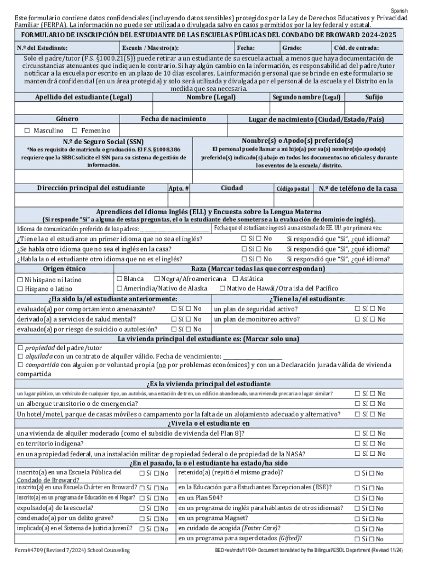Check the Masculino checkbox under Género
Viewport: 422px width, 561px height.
27,130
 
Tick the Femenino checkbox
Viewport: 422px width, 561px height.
75,130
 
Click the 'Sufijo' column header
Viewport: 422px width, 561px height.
377,97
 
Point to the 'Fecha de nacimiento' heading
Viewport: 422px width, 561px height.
173,119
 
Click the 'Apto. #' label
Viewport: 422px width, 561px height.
179,188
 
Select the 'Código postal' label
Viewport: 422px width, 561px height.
293,188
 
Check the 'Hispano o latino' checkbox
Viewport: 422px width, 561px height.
20,289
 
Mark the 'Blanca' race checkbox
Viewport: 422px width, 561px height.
119,279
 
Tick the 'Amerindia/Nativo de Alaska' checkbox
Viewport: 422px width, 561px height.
119,288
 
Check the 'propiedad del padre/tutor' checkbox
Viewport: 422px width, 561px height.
20,347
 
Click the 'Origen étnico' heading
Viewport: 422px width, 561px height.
64,269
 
